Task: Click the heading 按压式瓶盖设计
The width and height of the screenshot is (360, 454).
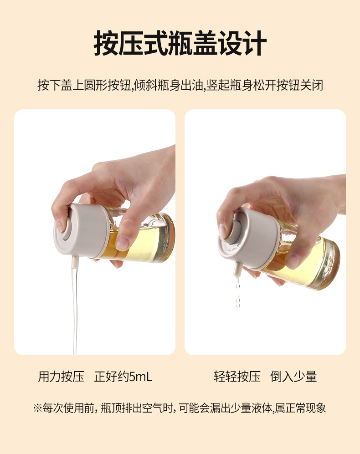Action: tap(180, 43)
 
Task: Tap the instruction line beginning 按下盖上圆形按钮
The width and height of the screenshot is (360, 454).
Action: tap(180, 86)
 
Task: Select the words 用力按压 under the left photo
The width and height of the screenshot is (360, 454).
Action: tap(61, 377)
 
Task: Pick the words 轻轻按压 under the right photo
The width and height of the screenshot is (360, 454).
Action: tap(237, 377)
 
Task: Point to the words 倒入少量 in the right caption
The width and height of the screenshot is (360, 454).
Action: tap(293, 377)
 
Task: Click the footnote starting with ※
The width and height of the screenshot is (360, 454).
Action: tap(180, 408)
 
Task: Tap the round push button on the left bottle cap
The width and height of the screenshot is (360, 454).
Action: tap(65, 230)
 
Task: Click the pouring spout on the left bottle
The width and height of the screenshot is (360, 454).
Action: tap(75, 262)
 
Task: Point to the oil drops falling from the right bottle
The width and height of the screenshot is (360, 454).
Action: tap(238, 292)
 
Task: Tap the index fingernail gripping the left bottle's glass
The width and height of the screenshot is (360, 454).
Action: tap(123, 243)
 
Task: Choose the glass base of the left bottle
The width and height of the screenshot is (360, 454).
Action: tap(169, 237)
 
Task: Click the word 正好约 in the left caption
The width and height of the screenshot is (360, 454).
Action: tap(112, 377)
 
